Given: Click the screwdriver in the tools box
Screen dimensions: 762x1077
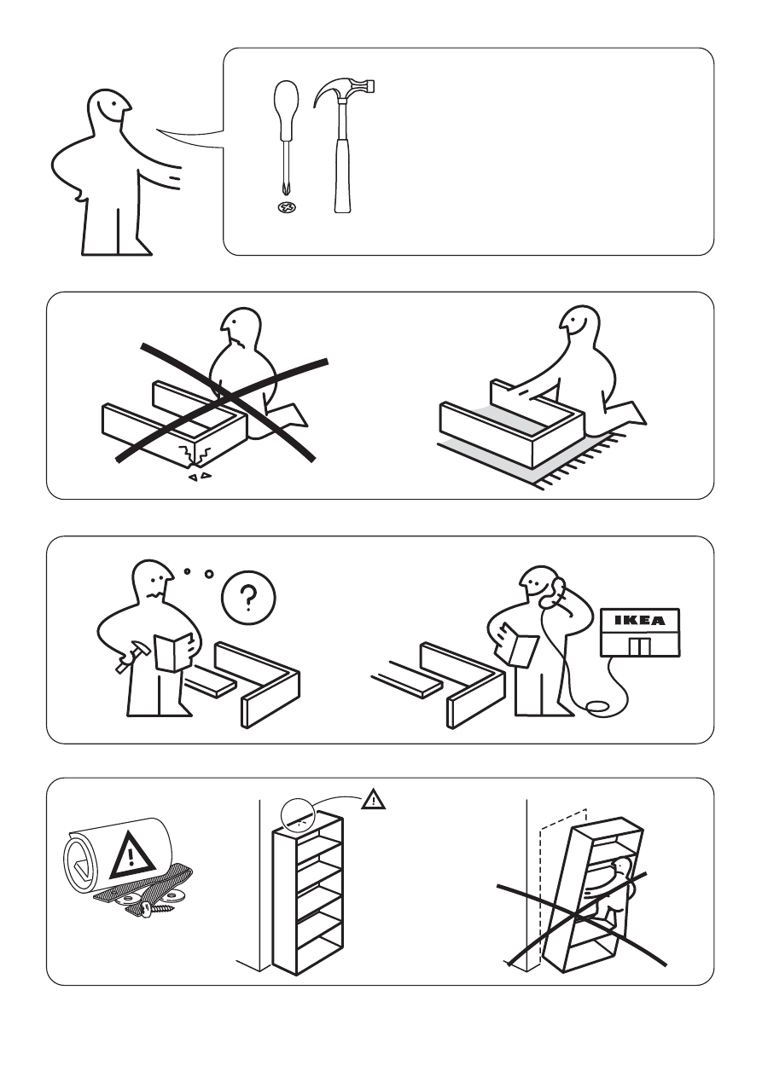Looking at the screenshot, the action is pyautogui.click(x=286, y=140).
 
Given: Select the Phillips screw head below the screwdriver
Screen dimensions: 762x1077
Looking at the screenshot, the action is pyautogui.click(x=287, y=208).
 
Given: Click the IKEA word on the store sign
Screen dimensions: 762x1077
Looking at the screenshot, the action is pyautogui.click(x=640, y=620).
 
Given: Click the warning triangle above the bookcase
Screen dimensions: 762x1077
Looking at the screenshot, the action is pyautogui.click(x=373, y=799).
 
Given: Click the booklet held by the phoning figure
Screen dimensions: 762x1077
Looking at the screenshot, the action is pyautogui.click(x=519, y=645).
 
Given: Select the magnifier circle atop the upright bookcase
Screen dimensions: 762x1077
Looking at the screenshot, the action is pyautogui.click(x=298, y=816).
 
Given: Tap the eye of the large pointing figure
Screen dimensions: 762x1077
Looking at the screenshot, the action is pyautogui.click(x=113, y=102).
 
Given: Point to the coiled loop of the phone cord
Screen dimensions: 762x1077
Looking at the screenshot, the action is pyautogui.click(x=598, y=706).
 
